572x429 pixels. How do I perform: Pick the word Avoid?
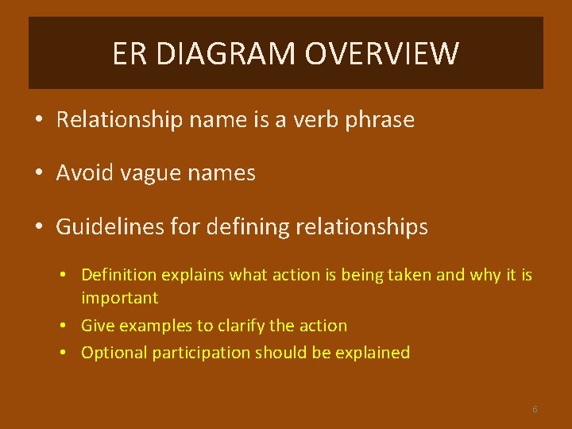(x=81, y=173)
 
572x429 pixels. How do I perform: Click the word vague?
(x=149, y=174)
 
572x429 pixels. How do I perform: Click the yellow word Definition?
(x=119, y=275)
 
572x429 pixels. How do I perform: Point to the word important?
(x=119, y=299)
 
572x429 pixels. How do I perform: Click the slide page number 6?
(x=535, y=409)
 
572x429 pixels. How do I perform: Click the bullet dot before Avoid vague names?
(x=38, y=174)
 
